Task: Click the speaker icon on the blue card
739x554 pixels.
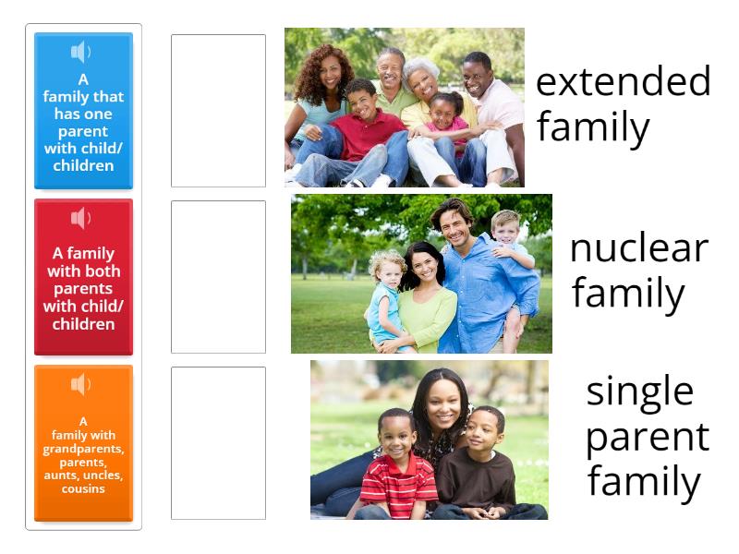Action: click(x=82, y=52)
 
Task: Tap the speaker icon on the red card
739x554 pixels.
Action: click(x=82, y=218)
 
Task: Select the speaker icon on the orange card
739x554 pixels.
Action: click(x=82, y=384)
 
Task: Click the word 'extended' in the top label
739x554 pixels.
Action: click(x=623, y=81)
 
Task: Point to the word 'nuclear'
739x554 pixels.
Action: click(x=638, y=248)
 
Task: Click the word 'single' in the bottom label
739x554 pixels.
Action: click(x=639, y=391)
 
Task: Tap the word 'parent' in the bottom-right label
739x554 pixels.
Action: click(x=647, y=437)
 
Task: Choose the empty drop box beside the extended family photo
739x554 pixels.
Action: click(x=218, y=111)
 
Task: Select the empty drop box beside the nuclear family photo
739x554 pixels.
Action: click(x=218, y=277)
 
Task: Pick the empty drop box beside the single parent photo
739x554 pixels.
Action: click(x=218, y=443)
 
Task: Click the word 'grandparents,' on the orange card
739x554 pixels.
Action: click(x=83, y=449)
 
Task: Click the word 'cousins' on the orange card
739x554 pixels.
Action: click(x=83, y=488)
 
